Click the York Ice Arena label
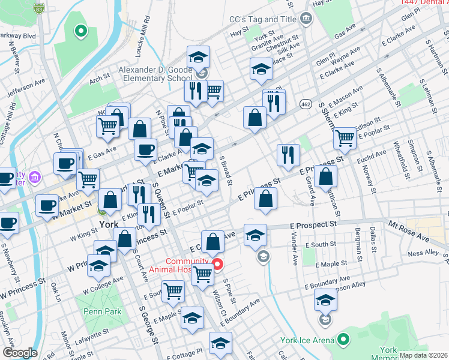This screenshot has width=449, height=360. (308, 340)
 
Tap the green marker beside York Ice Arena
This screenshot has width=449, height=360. (343, 340)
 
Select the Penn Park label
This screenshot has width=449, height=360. (103, 311)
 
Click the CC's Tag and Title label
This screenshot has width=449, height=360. (263, 19)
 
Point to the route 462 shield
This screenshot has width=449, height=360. (306, 104)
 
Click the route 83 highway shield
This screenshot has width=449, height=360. (39, 8)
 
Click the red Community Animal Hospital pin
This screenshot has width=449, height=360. (218, 264)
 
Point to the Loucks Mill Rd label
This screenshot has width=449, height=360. (143, 41)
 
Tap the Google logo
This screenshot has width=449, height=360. (20, 353)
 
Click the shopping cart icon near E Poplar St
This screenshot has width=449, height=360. (345, 137)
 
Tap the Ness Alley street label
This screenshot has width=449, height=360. (424, 254)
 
